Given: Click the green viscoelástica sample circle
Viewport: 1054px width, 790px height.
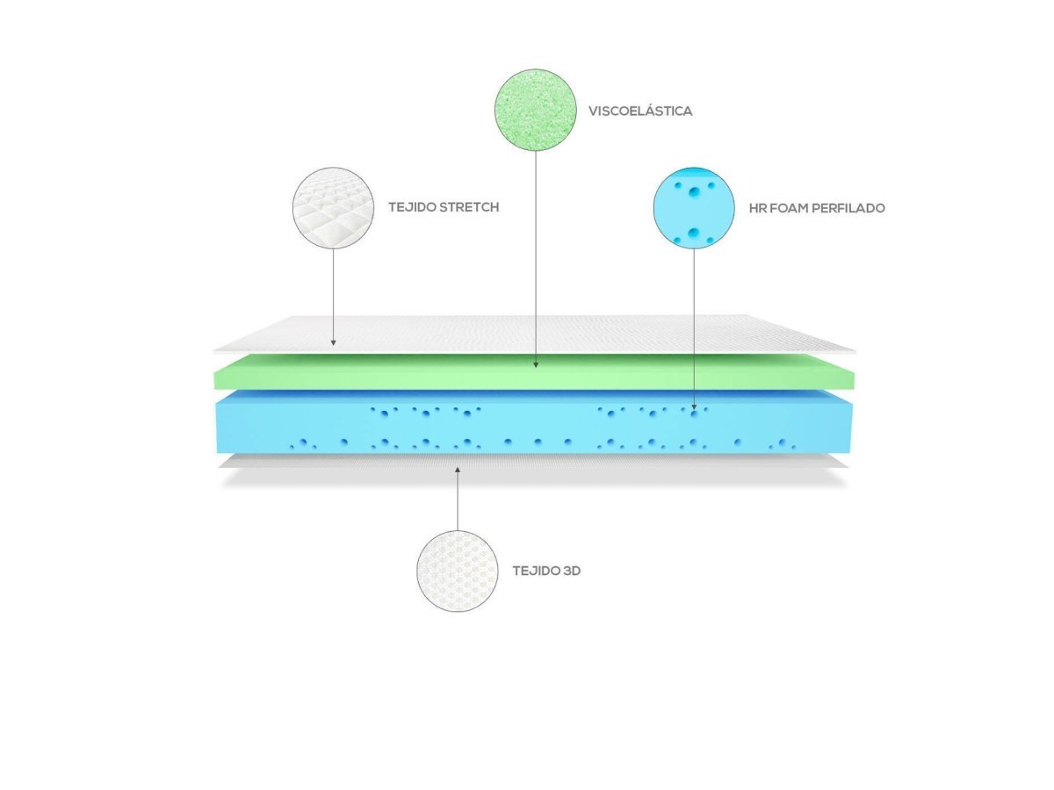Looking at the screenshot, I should tap(535, 110).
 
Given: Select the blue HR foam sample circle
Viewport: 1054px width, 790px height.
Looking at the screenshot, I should tap(694, 209).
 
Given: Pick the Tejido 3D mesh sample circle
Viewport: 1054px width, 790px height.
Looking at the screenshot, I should tap(458, 571).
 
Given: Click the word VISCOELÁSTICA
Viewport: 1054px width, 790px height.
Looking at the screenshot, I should tap(640, 111).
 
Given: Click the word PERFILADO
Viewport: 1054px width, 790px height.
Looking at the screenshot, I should tap(849, 209).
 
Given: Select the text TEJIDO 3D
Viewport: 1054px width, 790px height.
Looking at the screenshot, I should tap(546, 571).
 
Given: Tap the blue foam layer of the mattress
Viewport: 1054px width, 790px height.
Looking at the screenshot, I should tap(527, 426).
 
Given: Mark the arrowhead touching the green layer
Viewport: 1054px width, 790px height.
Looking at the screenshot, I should tap(536, 362).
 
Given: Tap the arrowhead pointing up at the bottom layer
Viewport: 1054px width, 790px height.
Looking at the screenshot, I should tap(458, 470).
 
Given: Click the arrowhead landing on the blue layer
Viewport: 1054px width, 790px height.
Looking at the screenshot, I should tap(694, 406).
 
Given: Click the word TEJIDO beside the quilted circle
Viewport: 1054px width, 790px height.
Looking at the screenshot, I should tap(411, 208).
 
